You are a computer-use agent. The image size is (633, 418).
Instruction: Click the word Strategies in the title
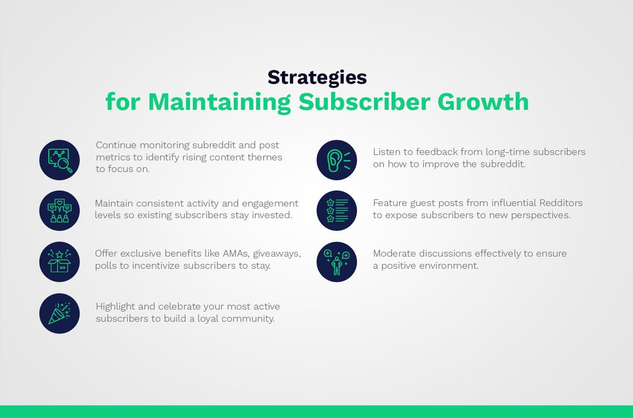click(x=316, y=77)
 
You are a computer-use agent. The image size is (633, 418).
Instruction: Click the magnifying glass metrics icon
click(x=59, y=160)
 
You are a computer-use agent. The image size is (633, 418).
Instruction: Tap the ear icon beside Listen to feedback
click(x=336, y=160)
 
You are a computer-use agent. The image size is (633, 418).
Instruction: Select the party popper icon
click(x=59, y=313)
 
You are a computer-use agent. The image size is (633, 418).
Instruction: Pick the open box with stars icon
click(x=59, y=262)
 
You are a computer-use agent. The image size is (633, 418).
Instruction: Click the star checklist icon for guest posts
click(x=336, y=210)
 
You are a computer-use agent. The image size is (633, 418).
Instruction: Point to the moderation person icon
click(x=336, y=262)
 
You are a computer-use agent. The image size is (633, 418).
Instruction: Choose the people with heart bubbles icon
click(x=59, y=210)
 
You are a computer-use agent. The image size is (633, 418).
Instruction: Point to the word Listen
click(x=386, y=152)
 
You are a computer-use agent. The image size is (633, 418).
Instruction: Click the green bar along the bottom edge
click(x=316, y=412)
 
